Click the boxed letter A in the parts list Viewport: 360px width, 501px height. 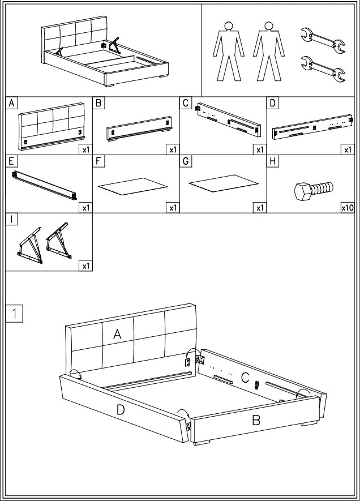click(11, 103)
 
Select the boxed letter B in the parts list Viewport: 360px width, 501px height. click(98, 103)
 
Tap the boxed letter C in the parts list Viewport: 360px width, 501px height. click(186, 103)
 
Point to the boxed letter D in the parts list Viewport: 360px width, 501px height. click(273, 103)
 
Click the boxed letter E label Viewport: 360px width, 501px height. click(11, 161)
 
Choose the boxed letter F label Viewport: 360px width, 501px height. click(98, 161)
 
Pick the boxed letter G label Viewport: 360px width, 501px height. click(186, 161)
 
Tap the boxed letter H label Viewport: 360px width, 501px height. click(273, 161)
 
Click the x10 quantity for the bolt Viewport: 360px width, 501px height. click(347, 208)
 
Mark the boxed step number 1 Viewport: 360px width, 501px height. click(14, 313)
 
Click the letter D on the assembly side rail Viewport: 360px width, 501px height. click(121, 409)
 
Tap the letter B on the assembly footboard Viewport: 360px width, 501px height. click(256, 421)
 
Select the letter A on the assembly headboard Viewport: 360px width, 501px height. click(117, 334)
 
